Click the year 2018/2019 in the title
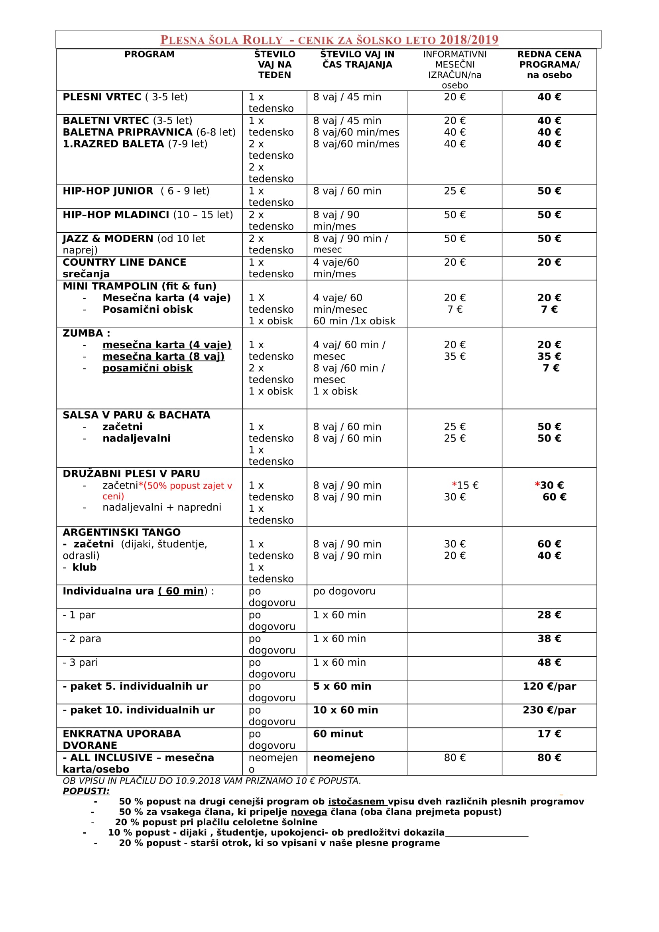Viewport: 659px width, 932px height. [468, 40]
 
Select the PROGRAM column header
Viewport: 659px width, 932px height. [150, 55]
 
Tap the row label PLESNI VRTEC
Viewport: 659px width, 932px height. [102, 97]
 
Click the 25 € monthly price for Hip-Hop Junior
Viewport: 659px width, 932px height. [455, 191]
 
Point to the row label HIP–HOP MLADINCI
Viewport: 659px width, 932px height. [116, 215]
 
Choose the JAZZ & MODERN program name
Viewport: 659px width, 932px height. [108, 239]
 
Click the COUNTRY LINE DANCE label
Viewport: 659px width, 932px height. [124, 263]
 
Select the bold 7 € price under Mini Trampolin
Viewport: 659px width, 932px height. [549, 310]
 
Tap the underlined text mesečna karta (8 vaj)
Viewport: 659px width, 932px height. [163, 357]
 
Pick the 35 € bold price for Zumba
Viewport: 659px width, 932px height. [549, 357]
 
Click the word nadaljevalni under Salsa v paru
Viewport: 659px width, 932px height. [136, 439]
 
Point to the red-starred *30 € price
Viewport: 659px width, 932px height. [549, 485]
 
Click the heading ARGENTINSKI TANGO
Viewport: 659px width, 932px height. [122, 533]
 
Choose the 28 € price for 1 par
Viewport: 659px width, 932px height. [549, 615]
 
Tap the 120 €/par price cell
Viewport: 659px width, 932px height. [549, 687]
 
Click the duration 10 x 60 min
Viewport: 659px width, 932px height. [346, 710]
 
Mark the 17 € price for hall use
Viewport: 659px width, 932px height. [549, 734]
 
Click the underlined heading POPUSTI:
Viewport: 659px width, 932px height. [86, 791]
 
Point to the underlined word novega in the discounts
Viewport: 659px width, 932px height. [309, 812]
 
